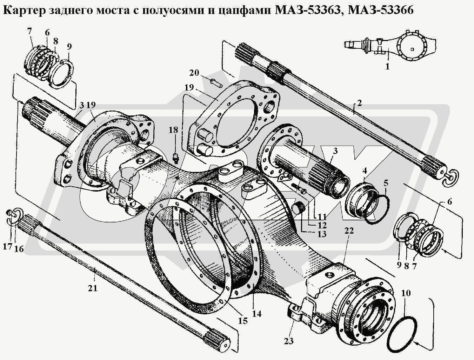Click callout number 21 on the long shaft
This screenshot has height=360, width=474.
[x=93, y=288]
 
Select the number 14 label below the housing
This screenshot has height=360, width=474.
[x=257, y=314]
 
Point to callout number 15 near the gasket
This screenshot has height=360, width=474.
[x=243, y=320]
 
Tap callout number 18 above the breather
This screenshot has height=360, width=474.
[x=173, y=130]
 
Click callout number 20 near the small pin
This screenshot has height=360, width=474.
[x=194, y=73]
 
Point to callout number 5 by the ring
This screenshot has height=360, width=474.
[x=386, y=182]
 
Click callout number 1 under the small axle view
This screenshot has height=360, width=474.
[x=387, y=66]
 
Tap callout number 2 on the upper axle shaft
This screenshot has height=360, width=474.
[x=359, y=103]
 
